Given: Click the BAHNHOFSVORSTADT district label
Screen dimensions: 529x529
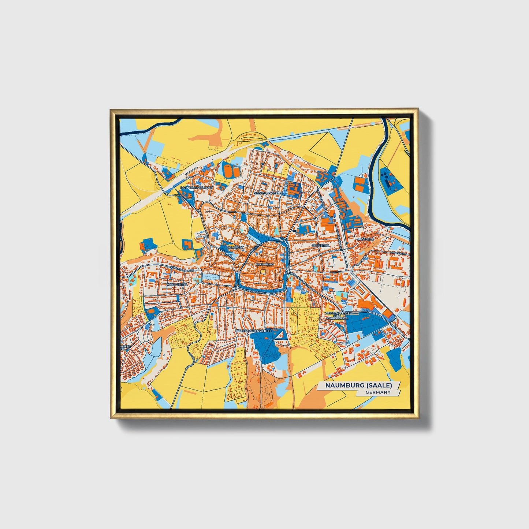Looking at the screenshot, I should point(196,188).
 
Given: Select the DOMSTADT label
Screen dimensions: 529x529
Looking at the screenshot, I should point(235,247).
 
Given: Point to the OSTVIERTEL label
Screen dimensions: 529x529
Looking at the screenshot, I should point(321,245).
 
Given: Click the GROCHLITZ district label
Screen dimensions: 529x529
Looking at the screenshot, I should point(365,239).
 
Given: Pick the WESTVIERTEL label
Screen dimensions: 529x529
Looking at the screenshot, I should point(177,284).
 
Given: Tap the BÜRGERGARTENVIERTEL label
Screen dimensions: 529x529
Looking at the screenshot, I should point(253,331).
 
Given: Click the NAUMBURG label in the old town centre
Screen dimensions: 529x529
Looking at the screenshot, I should point(265,264).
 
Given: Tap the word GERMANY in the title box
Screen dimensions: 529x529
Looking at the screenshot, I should point(378,392).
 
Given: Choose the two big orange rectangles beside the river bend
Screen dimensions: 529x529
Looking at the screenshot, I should point(360,184).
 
